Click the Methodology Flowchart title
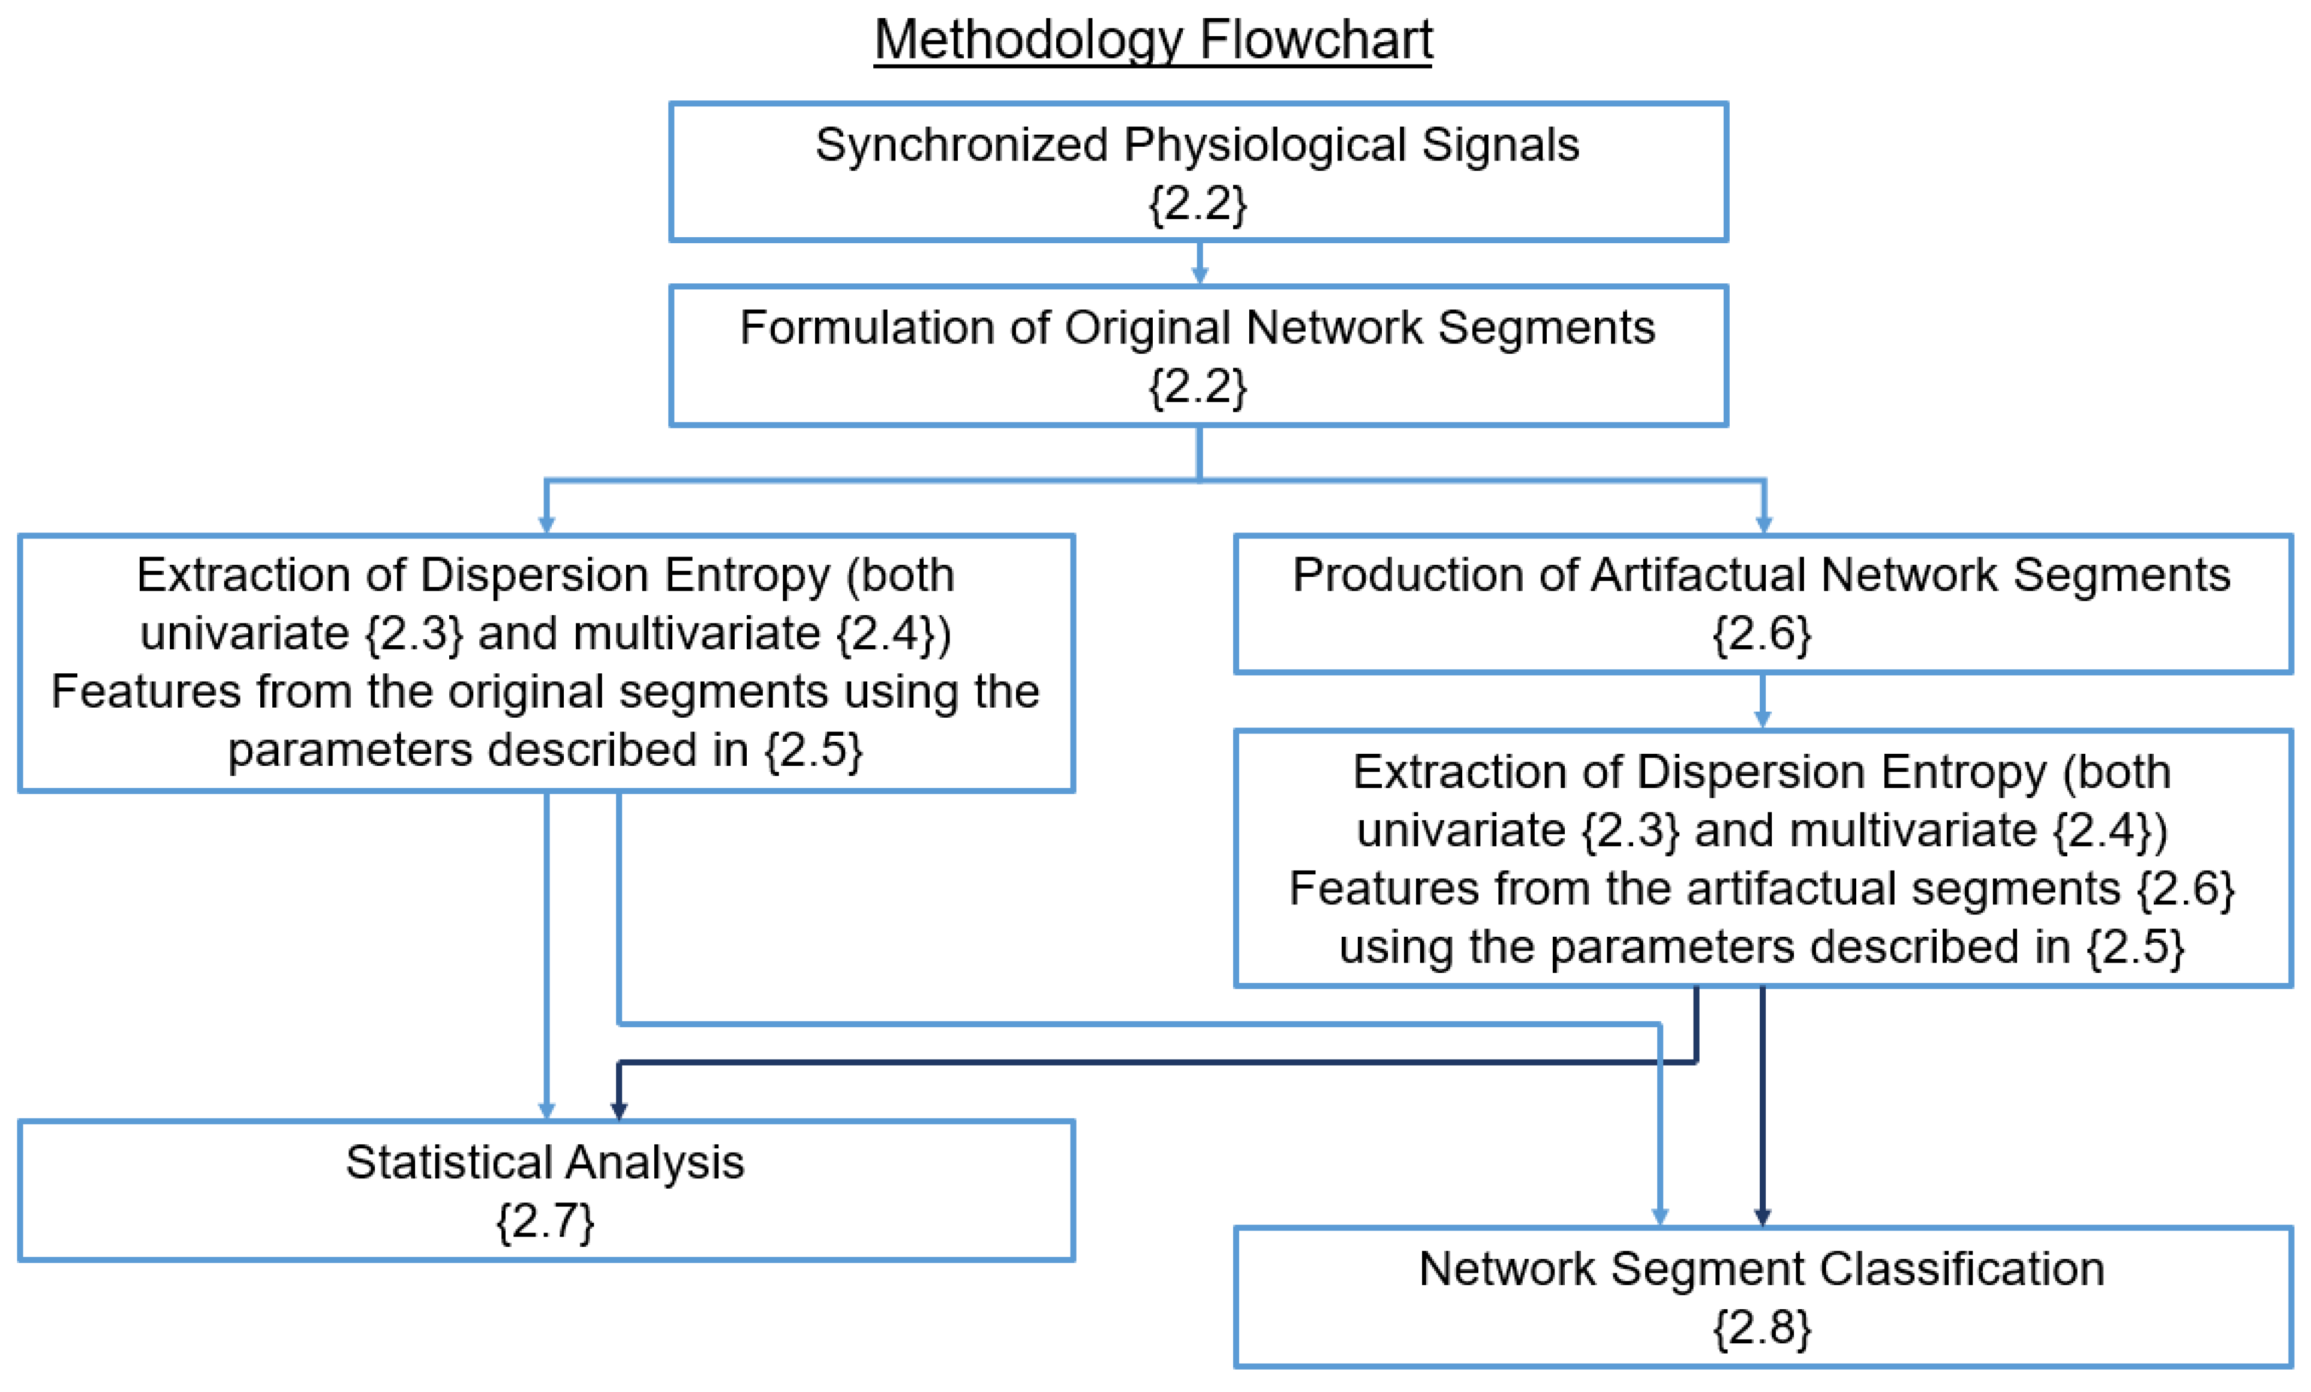[x=1153, y=41]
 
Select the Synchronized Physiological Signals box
[x=1198, y=171]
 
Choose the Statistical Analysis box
[x=546, y=1189]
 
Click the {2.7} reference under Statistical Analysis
[x=546, y=1221]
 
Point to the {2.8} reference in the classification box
[x=1763, y=1327]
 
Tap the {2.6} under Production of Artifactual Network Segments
[x=1763, y=634]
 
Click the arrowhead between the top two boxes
[x=1199, y=274]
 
